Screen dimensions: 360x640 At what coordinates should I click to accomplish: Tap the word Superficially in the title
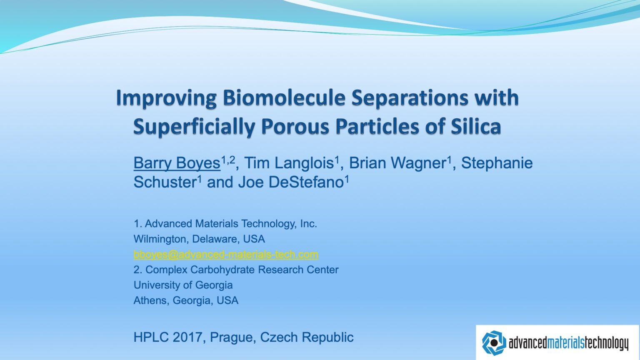[x=194, y=127]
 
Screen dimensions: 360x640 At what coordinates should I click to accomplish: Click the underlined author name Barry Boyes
[x=177, y=163]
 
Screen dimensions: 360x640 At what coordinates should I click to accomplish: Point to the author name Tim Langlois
[x=289, y=163]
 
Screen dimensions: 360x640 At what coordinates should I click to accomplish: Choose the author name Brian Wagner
[x=397, y=163]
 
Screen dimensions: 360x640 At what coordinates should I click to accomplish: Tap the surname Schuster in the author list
[x=165, y=182]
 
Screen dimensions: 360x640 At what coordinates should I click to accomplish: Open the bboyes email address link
[x=226, y=254]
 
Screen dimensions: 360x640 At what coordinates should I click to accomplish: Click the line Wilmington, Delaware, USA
[x=199, y=239]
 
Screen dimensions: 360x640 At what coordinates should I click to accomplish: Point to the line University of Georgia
[x=183, y=285]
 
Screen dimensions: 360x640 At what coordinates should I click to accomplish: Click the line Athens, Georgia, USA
[x=186, y=300]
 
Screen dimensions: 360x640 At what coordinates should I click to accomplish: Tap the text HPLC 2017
[x=167, y=337]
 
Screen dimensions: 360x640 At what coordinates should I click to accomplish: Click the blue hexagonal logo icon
[x=494, y=343]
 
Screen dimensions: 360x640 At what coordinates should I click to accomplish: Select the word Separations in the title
[x=410, y=98]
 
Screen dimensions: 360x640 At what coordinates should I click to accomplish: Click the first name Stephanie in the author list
[x=497, y=163]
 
